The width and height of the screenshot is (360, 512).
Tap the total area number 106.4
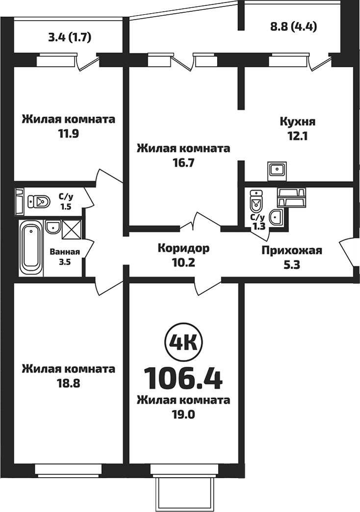[x=183, y=377]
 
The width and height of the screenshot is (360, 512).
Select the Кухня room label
[x=297, y=122]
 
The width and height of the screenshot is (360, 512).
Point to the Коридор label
[x=183, y=248]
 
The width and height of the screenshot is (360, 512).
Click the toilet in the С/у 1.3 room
[x=256, y=200]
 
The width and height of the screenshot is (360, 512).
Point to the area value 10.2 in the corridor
[x=183, y=262]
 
